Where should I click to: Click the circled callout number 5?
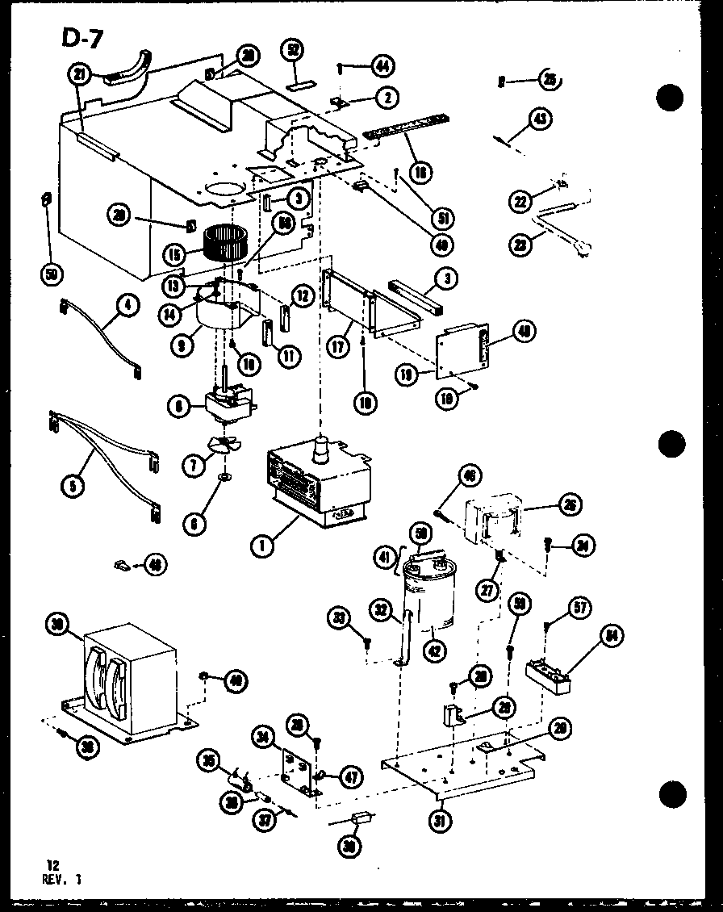73,486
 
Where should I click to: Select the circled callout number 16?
420,170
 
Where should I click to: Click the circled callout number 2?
388,98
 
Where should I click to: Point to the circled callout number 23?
522,244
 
